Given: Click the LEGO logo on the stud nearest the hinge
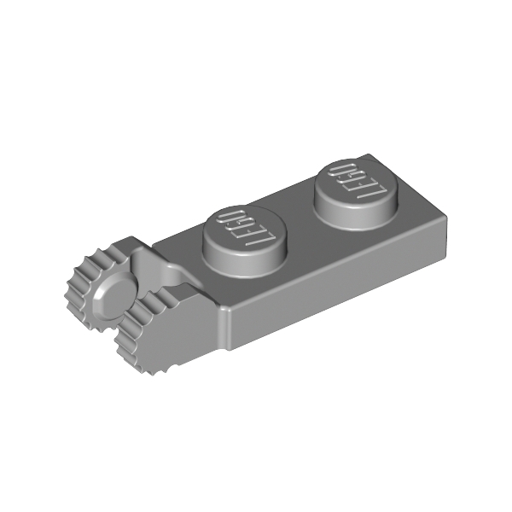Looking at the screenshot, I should click(x=241, y=228).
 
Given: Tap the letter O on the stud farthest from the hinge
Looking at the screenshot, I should click(x=339, y=170).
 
